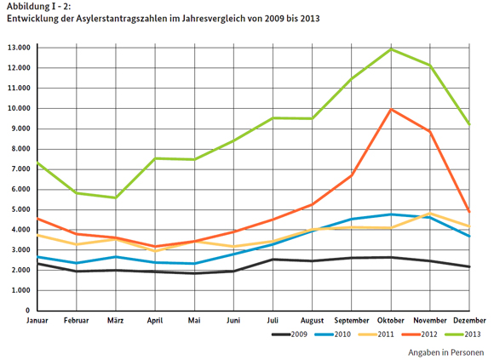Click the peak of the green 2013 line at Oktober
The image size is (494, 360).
[x=391, y=49]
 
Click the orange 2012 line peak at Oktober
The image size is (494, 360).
[x=391, y=109]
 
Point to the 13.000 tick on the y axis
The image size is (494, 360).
[x=18, y=48]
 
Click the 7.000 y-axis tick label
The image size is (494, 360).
[x=20, y=169]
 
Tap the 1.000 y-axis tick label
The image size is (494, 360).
[x=20, y=290]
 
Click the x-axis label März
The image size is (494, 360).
[x=118, y=321]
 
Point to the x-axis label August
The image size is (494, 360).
[x=313, y=321]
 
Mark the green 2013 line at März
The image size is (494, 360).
[x=117, y=197]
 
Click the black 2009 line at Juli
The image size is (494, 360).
[x=273, y=260]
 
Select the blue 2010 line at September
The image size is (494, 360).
[x=352, y=219]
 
